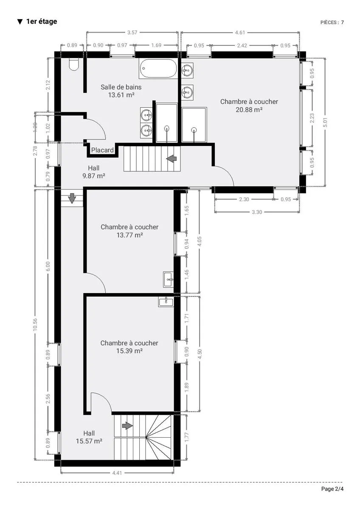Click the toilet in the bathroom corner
pos(74,64)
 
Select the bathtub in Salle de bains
pos(158,68)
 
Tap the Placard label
pos(102,150)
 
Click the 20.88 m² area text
pos(249,110)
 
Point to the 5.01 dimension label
pos(326,123)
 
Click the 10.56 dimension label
pos(35,325)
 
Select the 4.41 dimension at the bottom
pos(117,473)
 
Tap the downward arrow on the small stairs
pos(72,198)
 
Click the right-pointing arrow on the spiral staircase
pos(128,425)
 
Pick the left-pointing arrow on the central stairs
pos(172,158)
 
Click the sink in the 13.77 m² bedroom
pos(168,279)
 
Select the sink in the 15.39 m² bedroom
pos(166,302)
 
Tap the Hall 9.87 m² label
pos(94,172)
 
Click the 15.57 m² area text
pos(89,441)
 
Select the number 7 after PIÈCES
pos(342,22)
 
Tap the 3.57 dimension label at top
pos(132,33)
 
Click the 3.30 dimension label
pos(257,212)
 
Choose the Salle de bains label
pos(121,87)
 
